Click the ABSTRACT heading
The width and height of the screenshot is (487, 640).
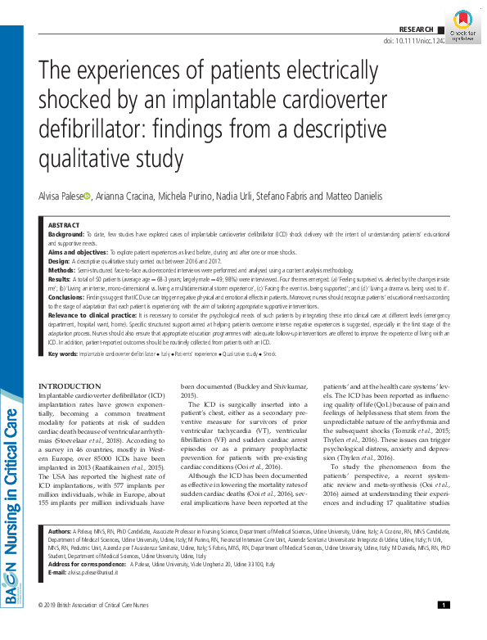coord(64,224)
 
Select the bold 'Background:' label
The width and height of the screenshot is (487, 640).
coord(67,234)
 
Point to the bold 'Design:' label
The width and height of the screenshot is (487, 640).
coord(60,261)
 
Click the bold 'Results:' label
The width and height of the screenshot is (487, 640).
coord(61,279)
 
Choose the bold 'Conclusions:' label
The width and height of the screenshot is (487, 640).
coord(69,298)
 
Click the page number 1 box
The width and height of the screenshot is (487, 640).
coord(443,627)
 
